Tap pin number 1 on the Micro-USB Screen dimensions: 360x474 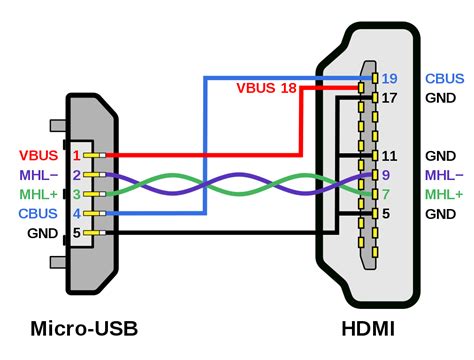(77, 156)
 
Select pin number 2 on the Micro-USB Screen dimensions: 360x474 (77, 175)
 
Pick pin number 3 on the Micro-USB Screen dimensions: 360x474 (77, 194)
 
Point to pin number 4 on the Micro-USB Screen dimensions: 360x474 (77, 213)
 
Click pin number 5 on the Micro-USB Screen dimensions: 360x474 (77, 232)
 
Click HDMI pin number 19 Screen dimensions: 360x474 (390, 78)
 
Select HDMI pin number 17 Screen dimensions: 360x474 (390, 98)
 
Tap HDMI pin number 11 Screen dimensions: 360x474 (390, 156)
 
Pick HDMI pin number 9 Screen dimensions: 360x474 (386, 175)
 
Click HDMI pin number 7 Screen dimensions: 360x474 (386, 194)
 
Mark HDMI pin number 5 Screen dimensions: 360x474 (386, 213)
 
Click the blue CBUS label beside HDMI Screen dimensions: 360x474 (444, 78)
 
